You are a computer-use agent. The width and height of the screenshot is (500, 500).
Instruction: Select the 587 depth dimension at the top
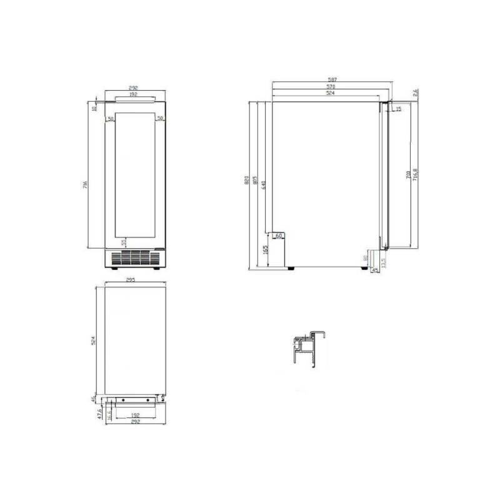pyautogui.click(x=332, y=80)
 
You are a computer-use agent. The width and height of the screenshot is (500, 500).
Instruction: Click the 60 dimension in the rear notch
pyautogui.click(x=278, y=236)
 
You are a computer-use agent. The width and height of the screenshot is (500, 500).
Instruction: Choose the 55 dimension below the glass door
pyautogui.click(x=124, y=242)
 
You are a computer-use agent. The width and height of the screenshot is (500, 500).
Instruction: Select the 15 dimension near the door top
pyautogui.click(x=399, y=109)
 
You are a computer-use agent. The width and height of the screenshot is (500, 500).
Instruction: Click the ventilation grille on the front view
pyautogui.click(x=132, y=257)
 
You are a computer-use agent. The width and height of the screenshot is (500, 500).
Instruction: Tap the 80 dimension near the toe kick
pyautogui.click(x=366, y=257)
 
